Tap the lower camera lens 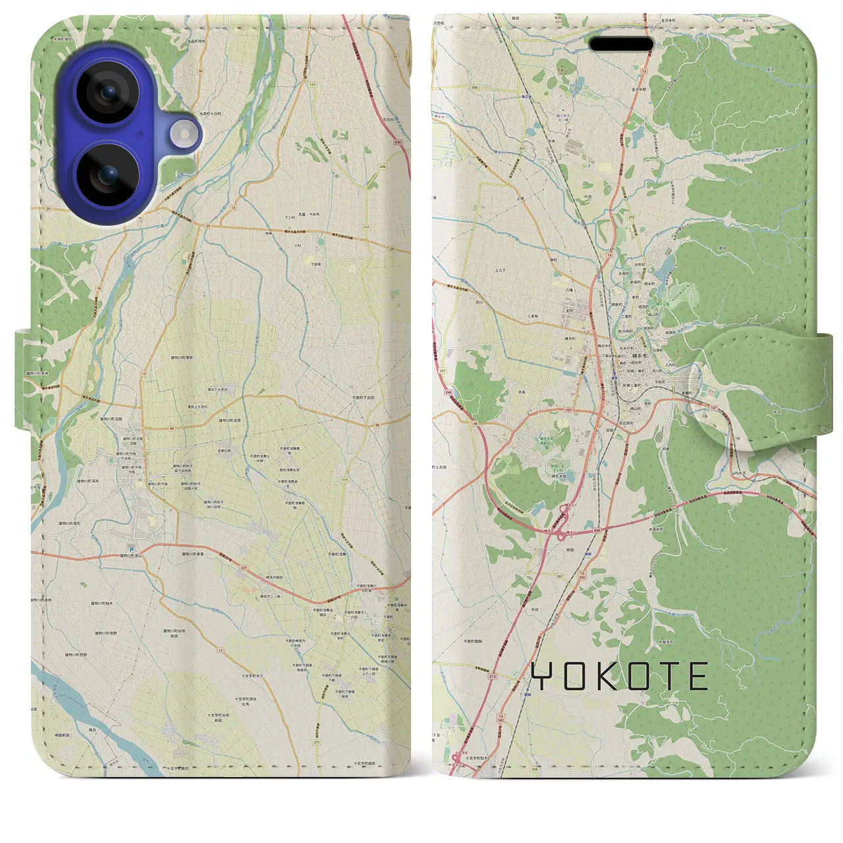tap(107, 175)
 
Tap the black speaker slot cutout tap(621, 44)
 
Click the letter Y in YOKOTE tap(542, 676)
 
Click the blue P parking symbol tap(130, 549)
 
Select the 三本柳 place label tap(533, 315)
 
